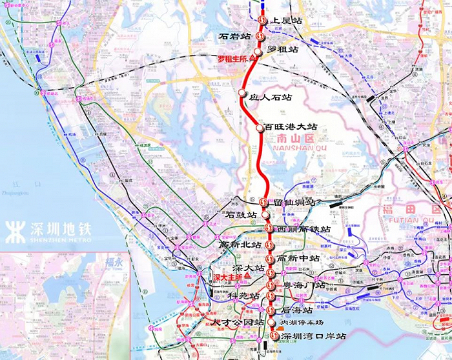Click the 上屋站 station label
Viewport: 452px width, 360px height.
click(x=287, y=21)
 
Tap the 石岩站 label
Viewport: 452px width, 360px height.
click(x=236, y=37)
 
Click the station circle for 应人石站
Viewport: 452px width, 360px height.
click(x=243, y=94)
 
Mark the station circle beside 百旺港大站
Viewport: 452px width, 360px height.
click(x=260, y=128)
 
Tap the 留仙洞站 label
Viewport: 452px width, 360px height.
click(x=294, y=203)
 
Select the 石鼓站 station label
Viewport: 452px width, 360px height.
click(x=242, y=215)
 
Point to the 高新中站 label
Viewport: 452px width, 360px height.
click(x=298, y=258)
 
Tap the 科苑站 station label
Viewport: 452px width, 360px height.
click(x=244, y=295)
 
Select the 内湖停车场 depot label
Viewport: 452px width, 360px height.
click(x=302, y=323)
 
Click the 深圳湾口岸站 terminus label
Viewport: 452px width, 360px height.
click(x=313, y=336)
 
